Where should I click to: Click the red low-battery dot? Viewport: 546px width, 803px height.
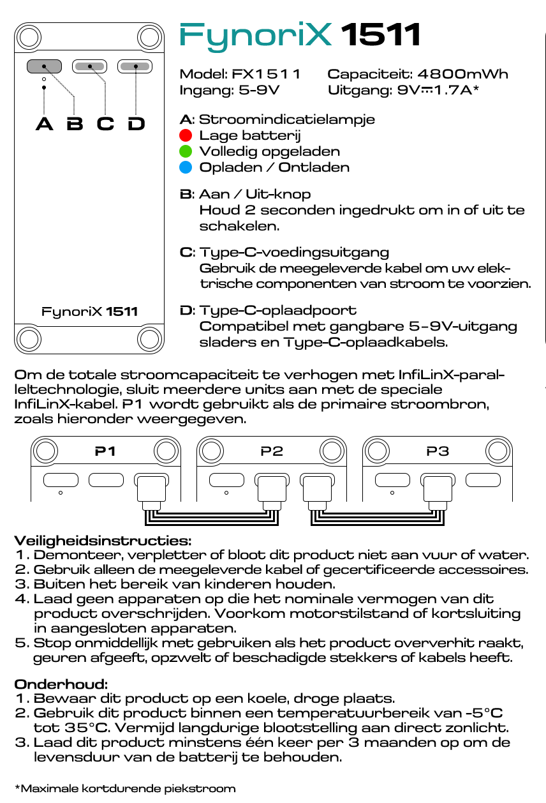pyautogui.click(x=186, y=135)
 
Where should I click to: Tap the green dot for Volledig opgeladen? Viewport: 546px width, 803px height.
pyautogui.click(x=186, y=151)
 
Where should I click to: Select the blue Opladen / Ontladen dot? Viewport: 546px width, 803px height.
pyautogui.click(x=186, y=168)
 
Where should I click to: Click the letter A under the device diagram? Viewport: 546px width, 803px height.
pyautogui.click(x=44, y=124)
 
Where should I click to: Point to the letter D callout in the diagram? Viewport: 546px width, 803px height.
pyautogui.click(x=136, y=124)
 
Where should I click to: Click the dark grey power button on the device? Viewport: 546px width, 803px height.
pyautogui.click(x=44, y=66)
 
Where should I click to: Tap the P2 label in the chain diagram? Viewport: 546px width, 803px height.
pyautogui.click(x=272, y=451)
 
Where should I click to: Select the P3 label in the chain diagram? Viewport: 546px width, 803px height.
pyautogui.click(x=438, y=451)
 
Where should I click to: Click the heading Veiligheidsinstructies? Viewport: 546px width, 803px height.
pyautogui.click(x=103, y=541)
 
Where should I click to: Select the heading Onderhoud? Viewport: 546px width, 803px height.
pyautogui.click(x=61, y=684)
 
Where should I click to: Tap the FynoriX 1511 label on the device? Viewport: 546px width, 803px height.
pyautogui.click(x=89, y=312)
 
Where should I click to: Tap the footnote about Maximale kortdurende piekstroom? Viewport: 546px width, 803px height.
pyautogui.click(x=125, y=788)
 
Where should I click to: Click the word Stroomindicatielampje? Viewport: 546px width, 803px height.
pyautogui.click(x=287, y=119)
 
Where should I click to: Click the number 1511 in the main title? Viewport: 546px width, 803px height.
pyautogui.click(x=381, y=35)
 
